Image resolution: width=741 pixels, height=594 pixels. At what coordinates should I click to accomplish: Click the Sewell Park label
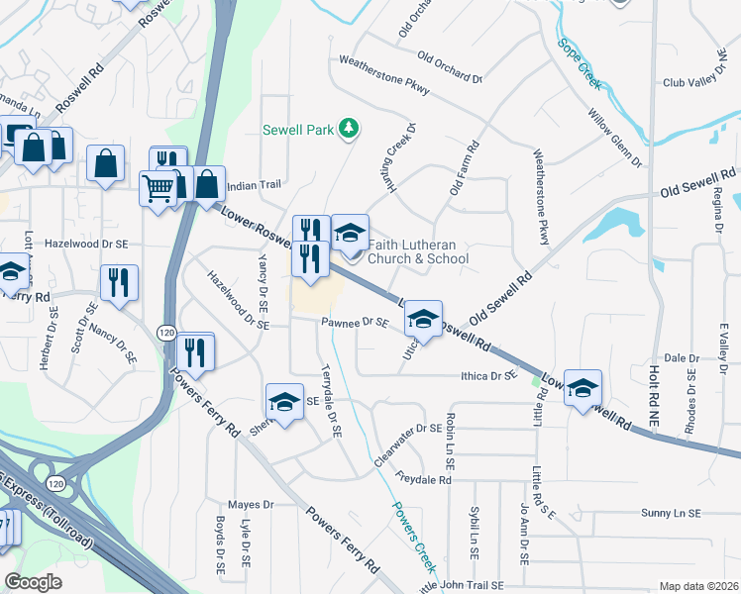[x=298, y=129]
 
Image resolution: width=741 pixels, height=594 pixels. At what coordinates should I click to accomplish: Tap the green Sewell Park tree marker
[x=348, y=128]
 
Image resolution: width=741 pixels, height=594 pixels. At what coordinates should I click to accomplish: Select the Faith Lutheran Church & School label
[x=417, y=251]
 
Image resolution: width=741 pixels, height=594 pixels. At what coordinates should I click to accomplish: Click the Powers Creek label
[x=414, y=539]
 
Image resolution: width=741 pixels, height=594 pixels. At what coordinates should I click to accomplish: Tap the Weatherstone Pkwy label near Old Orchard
[x=383, y=74]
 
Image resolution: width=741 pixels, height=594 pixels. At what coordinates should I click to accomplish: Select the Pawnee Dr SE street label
[x=352, y=322]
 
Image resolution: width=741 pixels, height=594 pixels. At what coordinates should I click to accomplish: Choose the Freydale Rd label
[x=422, y=480]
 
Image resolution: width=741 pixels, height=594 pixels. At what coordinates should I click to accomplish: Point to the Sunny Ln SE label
[x=670, y=514]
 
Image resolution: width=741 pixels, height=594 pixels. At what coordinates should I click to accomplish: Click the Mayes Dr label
[x=250, y=505]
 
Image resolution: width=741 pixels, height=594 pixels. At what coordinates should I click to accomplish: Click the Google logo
[x=34, y=582]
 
